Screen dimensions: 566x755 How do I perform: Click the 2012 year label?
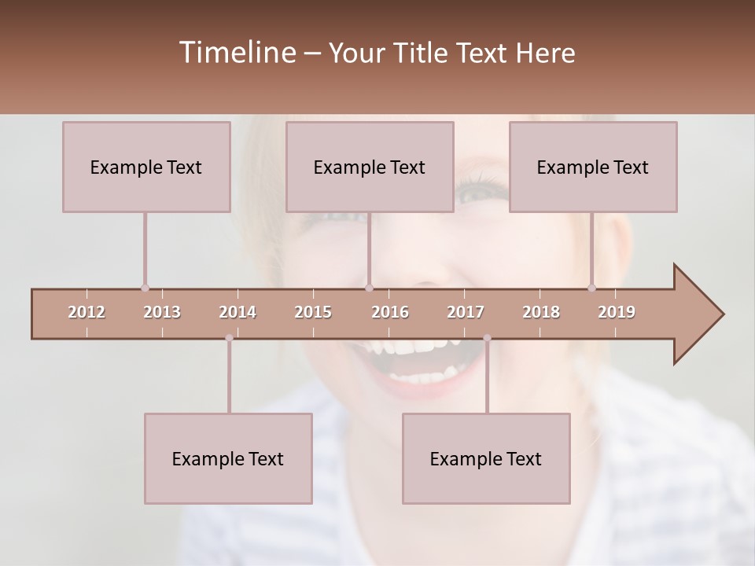87,312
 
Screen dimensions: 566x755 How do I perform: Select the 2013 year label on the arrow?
162,312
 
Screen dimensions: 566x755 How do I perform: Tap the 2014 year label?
238,312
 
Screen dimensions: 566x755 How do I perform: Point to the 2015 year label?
313,312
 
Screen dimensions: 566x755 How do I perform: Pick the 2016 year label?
390,312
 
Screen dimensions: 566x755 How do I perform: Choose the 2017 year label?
466,312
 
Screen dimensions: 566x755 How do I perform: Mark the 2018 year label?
541,312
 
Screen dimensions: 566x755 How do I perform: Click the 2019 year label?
617,312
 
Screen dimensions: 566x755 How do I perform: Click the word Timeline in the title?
237,53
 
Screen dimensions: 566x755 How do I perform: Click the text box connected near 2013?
146,167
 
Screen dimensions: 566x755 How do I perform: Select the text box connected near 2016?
370,167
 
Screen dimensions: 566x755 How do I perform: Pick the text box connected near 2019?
593,167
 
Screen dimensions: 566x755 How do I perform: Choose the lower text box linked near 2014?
228,458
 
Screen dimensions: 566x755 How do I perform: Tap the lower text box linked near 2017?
486,458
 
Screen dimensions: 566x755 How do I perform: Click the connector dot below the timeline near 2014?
229,338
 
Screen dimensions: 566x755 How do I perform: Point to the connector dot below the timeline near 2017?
487,338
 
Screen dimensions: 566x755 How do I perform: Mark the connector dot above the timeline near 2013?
145,288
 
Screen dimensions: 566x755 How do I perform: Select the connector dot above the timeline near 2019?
592,288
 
